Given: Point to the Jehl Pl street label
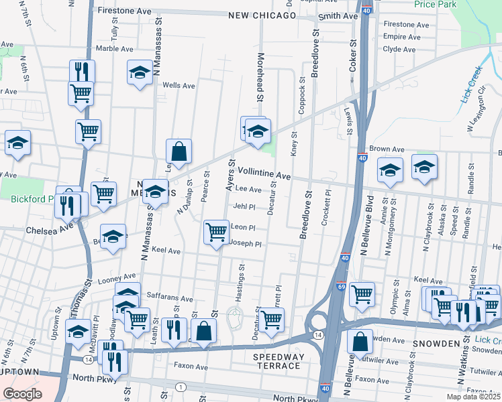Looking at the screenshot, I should pyautogui.click(x=245, y=206).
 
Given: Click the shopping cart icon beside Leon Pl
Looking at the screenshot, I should pyautogui.click(x=216, y=232).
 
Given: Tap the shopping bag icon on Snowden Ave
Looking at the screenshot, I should pyautogui.click(x=361, y=342).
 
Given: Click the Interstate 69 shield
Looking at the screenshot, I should pyautogui.click(x=342, y=286).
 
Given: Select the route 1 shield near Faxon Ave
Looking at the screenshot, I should pyautogui.click(x=180, y=387).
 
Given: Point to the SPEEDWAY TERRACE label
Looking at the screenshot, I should pyautogui.click(x=277, y=361).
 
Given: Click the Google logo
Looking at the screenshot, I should pyautogui.click(x=23, y=393).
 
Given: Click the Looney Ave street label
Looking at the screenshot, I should pyautogui.click(x=117, y=276).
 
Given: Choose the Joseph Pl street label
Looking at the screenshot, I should pyautogui.click(x=246, y=244).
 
